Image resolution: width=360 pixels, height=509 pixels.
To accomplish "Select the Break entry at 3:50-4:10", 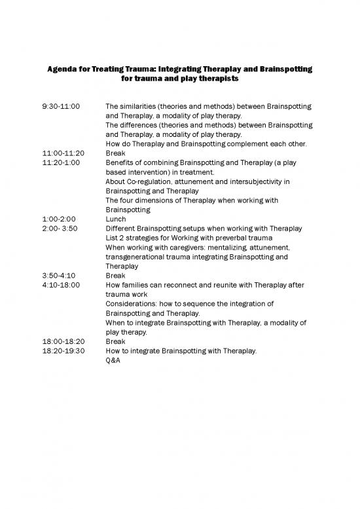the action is (x=115, y=276).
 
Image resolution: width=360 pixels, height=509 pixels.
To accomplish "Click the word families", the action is (x=135, y=286).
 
